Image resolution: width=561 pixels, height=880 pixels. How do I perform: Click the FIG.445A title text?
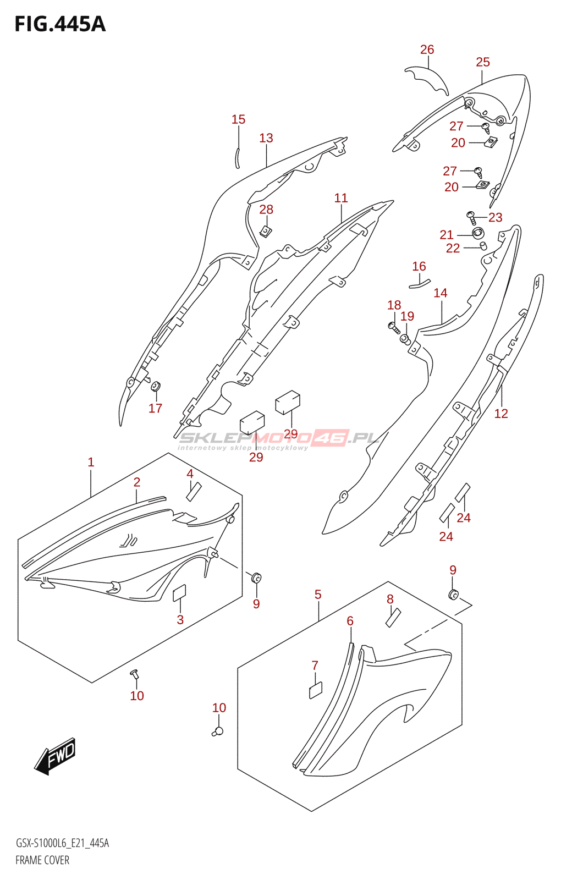click(x=59, y=24)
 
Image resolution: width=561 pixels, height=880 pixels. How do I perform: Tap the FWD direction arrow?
click(x=55, y=756)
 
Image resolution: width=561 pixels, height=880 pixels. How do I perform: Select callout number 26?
click(x=427, y=50)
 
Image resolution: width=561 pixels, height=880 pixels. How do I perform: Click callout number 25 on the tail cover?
click(x=482, y=62)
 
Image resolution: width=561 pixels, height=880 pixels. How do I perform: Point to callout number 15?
click(x=238, y=119)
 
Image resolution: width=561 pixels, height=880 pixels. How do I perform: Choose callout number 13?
click(x=266, y=138)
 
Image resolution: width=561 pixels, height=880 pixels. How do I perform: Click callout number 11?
click(x=341, y=198)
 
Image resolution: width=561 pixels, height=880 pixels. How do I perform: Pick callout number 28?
click(x=266, y=210)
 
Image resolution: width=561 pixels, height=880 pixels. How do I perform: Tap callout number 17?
click(x=156, y=408)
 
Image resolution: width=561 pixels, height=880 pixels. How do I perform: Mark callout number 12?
click(x=501, y=414)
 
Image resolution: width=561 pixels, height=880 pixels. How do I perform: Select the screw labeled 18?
click(x=393, y=326)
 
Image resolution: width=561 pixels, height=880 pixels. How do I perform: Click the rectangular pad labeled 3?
click(x=179, y=593)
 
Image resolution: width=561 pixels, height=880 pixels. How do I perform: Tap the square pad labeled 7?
click(x=316, y=689)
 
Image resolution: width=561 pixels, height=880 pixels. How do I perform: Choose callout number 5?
click(x=318, y=595)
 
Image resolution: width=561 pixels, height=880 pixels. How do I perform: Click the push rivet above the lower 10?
click(x=218, y=731)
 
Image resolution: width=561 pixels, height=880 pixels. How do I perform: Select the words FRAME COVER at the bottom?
click(x=42, y=860)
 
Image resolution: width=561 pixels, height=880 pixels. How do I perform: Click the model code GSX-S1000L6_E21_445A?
click(x=62, y=843)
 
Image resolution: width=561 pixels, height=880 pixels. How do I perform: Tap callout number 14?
click(x=440, y=293)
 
